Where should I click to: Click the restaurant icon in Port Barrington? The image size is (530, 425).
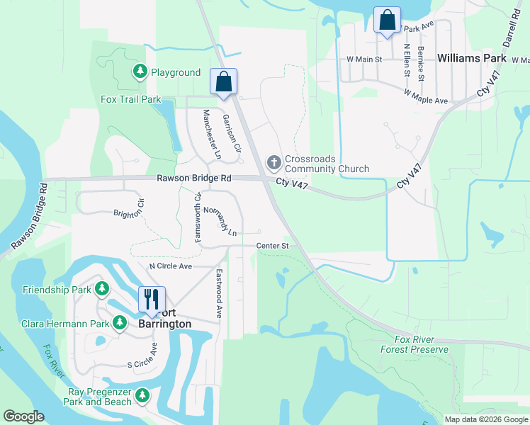[151, 298]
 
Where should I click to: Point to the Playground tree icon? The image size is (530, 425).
[140, 72]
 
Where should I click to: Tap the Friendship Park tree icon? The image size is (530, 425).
[103, 289]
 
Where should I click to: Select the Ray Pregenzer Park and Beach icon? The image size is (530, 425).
[142, 395]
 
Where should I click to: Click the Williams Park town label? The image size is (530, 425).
[472, 58]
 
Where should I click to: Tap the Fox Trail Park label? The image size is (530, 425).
[131, 100]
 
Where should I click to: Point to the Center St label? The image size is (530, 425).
[273, 246]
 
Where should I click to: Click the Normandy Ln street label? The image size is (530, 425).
[220, 221]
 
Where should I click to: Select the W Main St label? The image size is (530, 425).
[364, 59]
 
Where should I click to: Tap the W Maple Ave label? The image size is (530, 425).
[425, 96]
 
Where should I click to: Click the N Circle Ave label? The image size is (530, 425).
[170, 266]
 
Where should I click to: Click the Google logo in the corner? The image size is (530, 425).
[24, 416]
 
